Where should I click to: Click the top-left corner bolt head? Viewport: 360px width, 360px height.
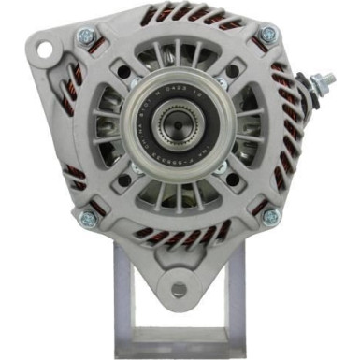click(x=86, y=36)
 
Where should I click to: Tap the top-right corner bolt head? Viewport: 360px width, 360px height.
click(x=269, y=35)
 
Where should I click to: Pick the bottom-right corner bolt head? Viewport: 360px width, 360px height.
click(x=270, y=217)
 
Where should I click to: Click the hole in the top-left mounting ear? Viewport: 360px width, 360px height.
click(x=37, y=49)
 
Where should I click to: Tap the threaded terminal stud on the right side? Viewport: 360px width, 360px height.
click(x=326, y=80)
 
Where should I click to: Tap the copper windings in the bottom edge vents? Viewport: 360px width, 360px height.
click(x=178, y=234)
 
